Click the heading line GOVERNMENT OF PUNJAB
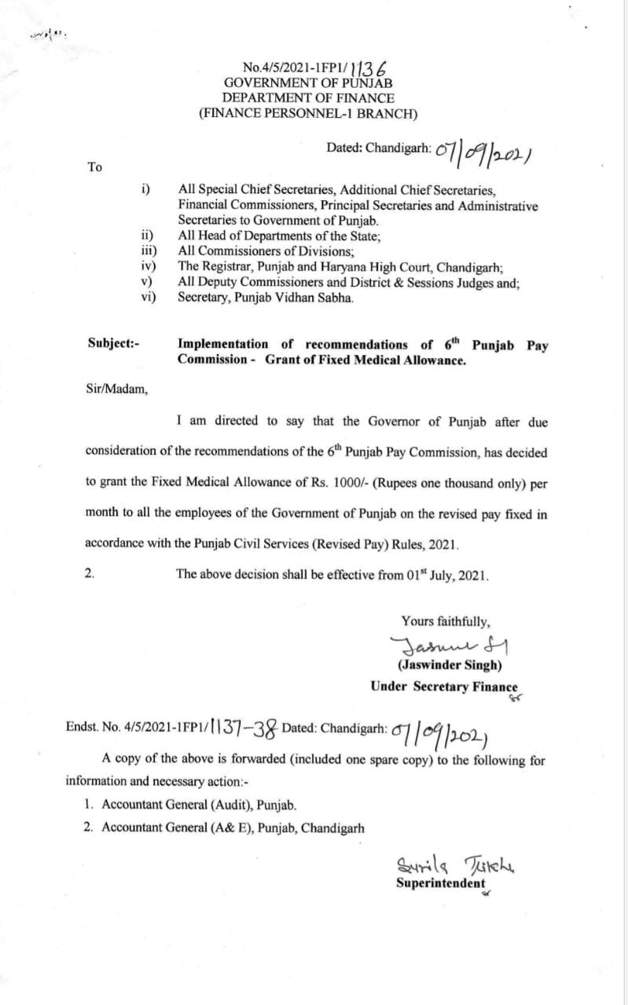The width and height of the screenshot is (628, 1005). [x=308, y=82]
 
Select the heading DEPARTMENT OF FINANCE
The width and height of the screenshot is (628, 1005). [x=308, y=98]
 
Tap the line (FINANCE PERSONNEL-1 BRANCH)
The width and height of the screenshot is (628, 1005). [x=308, y=114]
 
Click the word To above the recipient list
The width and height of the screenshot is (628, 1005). [x=95, y=167]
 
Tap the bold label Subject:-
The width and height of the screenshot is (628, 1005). [x=114, y=344]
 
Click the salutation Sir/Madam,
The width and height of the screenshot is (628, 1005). [x=117, y=390]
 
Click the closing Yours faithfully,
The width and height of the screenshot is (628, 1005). [x=445, y=621]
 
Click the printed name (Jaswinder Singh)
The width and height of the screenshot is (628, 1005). [x=450, y=664]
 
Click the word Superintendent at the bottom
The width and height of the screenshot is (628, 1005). [x=440, y=883]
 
